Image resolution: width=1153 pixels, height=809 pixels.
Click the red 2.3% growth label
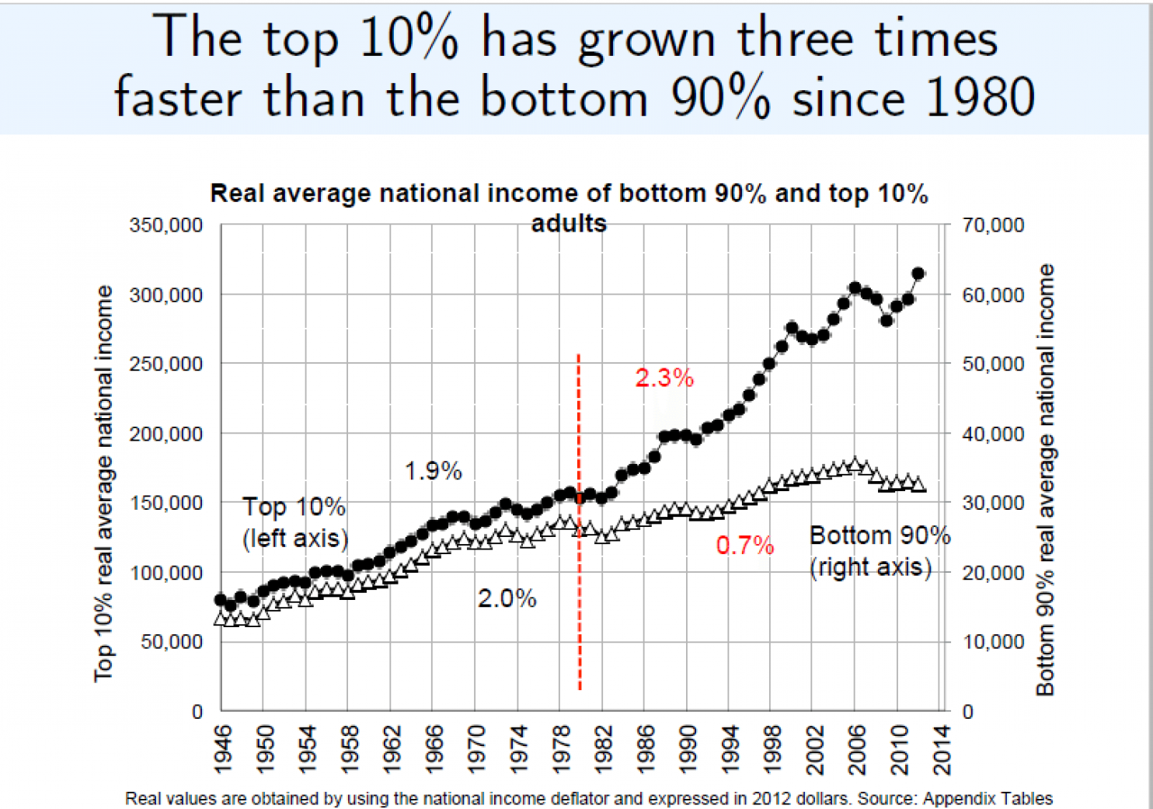pos(664,378)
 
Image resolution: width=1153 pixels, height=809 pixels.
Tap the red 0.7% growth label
pos(744,546)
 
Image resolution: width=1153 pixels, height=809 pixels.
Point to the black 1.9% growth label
pos(433,470)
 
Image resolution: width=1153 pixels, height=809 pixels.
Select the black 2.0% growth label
pos(507,598)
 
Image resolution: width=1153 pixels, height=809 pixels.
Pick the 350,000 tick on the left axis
pos(165,225)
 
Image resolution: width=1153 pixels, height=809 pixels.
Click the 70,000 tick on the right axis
pos(993,225)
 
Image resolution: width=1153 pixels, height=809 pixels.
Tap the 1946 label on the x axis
pos(223,749)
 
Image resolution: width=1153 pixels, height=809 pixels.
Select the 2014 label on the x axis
pos(942,749)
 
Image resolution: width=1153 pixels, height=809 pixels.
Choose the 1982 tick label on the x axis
pos(604,749)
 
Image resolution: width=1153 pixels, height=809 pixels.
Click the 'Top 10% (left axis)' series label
pos(294,522)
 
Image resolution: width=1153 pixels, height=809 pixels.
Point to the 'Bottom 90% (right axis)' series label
pos(879,551)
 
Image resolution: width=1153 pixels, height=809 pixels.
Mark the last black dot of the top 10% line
pos(918,274)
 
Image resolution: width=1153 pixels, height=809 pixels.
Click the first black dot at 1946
pos(221,600)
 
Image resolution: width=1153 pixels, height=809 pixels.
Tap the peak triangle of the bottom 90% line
pos(855,465)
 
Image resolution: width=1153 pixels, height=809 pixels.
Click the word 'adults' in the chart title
pos(569,224)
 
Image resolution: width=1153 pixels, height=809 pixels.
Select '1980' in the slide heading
pos(980,98)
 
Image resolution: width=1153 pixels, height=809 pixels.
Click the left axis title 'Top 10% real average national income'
pos(104,483)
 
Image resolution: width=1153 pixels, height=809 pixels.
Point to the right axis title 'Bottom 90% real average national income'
pos(1046,479)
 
